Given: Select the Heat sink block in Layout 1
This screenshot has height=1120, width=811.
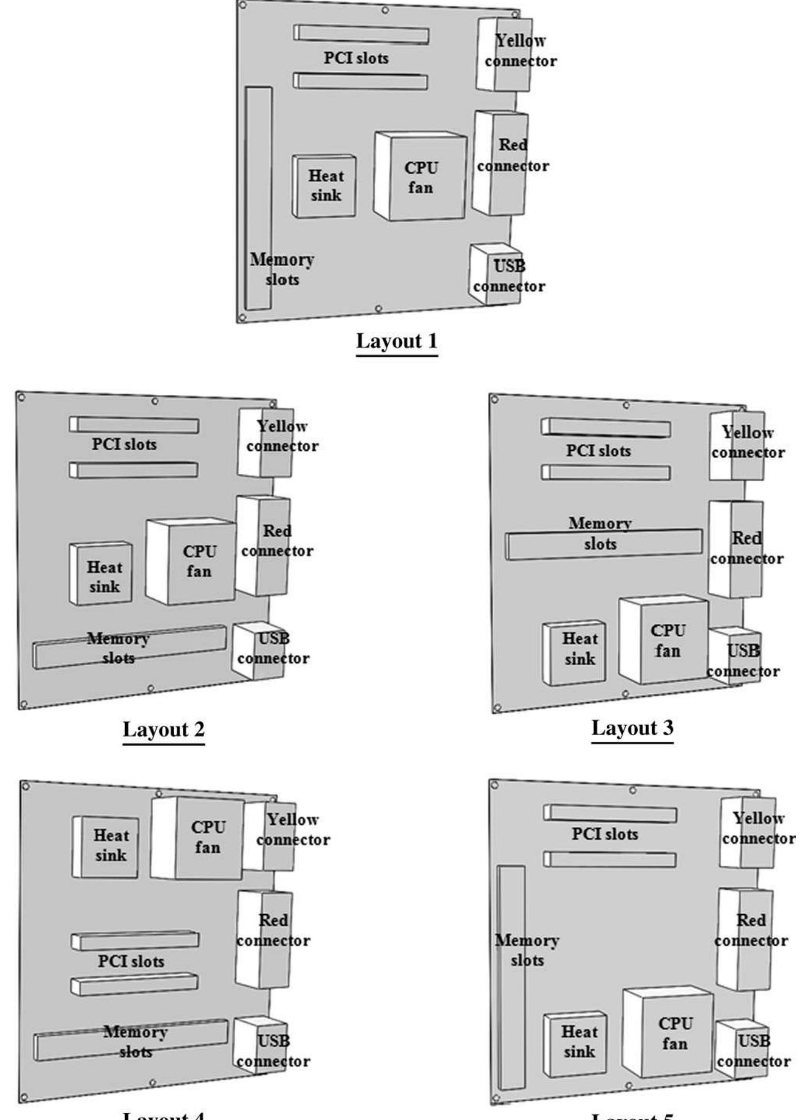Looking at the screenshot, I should point(325,186).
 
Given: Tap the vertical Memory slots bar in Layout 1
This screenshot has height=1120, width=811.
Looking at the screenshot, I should point(258,198).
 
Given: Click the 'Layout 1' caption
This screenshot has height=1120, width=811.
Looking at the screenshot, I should point(396,341).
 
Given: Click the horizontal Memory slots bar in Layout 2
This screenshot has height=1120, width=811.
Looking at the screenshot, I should point(129,647).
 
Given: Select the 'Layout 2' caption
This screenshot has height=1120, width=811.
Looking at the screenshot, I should point(163,729).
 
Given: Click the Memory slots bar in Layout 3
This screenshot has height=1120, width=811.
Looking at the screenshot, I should point(603,544).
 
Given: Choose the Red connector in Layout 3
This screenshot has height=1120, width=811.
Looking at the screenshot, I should point(736,549).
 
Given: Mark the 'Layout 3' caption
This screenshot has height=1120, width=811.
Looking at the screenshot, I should point(632,728).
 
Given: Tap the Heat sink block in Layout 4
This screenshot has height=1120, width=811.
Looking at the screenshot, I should point(106,847).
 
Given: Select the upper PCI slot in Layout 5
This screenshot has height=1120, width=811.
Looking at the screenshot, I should point(610,815).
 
